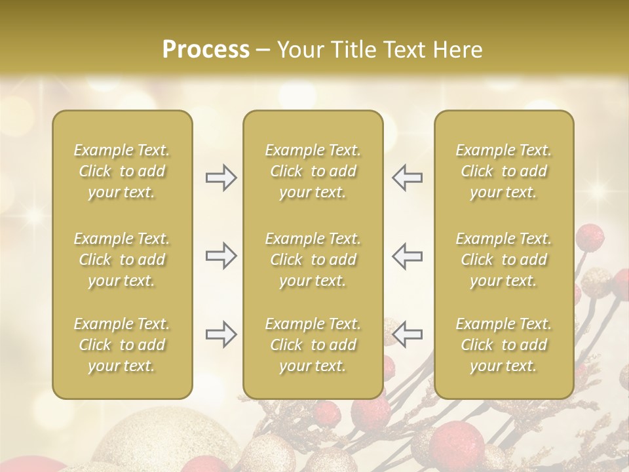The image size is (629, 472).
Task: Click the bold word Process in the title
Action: [205, 50]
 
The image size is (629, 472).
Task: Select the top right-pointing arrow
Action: [221, 178]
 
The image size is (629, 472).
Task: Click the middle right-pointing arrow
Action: [221, 256]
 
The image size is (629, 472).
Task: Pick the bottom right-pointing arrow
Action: [221, 334]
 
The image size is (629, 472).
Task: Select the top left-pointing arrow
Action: [408, 178]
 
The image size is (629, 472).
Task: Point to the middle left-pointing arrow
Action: [408, 256]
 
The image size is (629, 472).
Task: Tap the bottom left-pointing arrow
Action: [408, 334]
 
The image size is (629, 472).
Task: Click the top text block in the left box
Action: [122, 171]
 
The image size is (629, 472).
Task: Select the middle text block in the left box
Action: [122, 260]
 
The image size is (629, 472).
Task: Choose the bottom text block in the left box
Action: [122, 345]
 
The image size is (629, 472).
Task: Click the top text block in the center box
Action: [313, 171]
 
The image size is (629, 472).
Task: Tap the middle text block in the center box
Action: [313, 260]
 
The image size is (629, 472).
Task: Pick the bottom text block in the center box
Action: [313, 345]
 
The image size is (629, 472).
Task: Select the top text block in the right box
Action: [503, 171]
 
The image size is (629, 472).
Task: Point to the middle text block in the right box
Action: [503, 260]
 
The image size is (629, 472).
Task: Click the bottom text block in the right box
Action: [503, 345]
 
